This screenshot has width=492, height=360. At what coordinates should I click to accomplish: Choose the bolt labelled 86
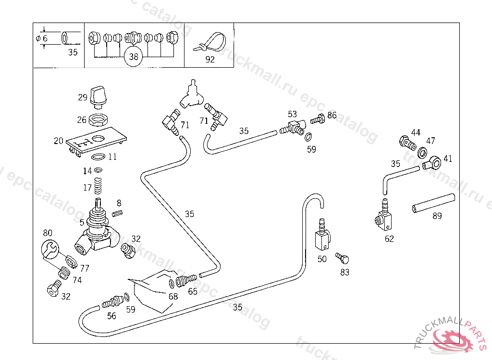pyautogui.click(x=318, y=119)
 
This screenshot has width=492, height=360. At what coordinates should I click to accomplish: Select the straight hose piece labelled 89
pyautogui.click(x=433, y=202)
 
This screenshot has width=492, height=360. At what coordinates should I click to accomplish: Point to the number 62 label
pyautogui.click(x=389, y=239)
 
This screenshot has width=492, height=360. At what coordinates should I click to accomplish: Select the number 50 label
pyautogui.click(x=322, y=259)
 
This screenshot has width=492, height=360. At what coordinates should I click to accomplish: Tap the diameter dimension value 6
pyautogui.click(x=45, y=38)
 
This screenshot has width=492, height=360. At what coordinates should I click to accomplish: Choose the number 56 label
pyautogui.click(x=111, y=316)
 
